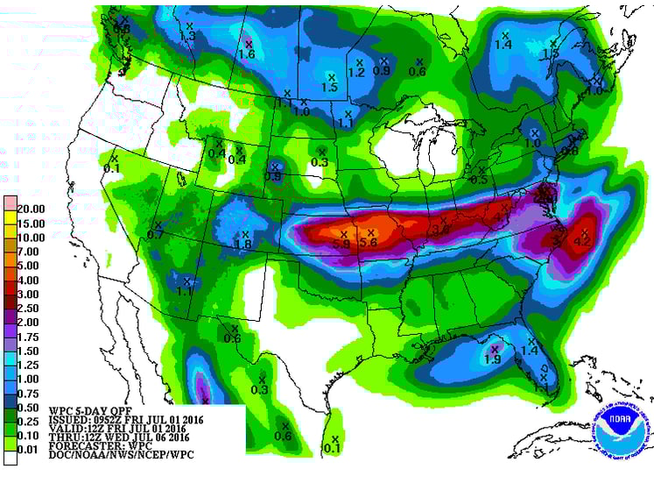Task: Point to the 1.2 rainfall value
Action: coord(356,72)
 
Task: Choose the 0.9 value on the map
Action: coord(382,70)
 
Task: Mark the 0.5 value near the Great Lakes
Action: coord(479,179)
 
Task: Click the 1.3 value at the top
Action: coord(187,36)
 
